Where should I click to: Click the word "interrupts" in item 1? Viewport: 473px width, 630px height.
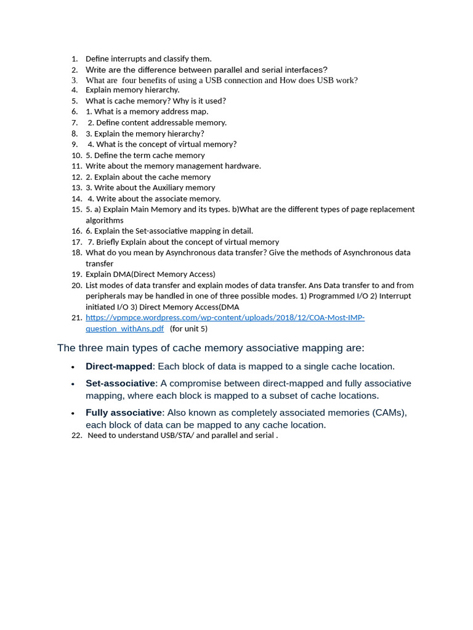coord(130,59)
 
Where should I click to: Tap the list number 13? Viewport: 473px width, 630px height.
coord(76,188)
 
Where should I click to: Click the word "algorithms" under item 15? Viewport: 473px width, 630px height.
coord(104,220)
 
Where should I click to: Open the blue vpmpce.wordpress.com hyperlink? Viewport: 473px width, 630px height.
coord(225,317)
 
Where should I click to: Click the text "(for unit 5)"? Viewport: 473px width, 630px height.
coord(188,329)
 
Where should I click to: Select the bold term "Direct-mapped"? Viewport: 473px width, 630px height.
coord(119,367)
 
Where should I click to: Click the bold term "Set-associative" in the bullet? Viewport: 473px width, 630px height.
coord(120,383)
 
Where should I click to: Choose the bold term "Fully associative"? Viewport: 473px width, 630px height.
coord(123,413)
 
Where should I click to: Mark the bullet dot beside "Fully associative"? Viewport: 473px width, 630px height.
coord(73,413)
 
